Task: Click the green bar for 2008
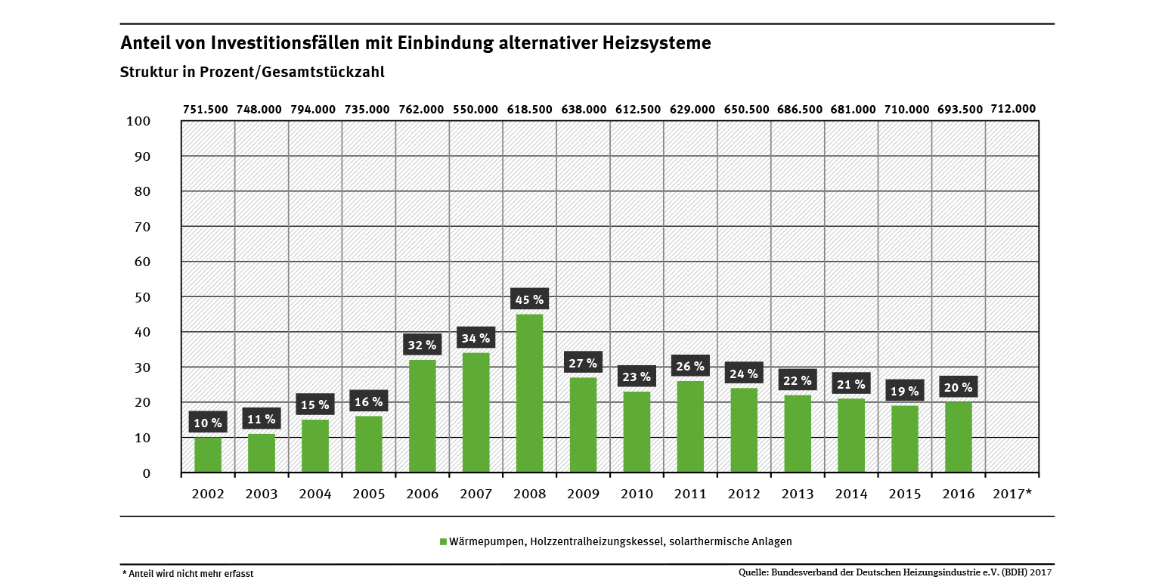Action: point(529,393)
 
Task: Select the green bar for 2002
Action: point(208,455)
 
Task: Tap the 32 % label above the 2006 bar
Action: point(422,346)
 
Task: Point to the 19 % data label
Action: point(904,391)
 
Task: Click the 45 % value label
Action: point(529,299)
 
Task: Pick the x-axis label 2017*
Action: point(1012,494)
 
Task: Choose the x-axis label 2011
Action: point(690,494)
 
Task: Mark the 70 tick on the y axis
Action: point(141,227)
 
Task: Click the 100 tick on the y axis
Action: point(138,121)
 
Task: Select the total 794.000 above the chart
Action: point(313,109)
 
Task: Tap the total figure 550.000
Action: point(475,109)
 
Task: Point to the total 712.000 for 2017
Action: point(1013,108)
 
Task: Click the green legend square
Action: point(444,541)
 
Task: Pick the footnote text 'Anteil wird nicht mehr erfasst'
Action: point(189,573)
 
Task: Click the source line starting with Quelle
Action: point(895,572)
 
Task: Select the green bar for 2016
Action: point(958,437)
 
